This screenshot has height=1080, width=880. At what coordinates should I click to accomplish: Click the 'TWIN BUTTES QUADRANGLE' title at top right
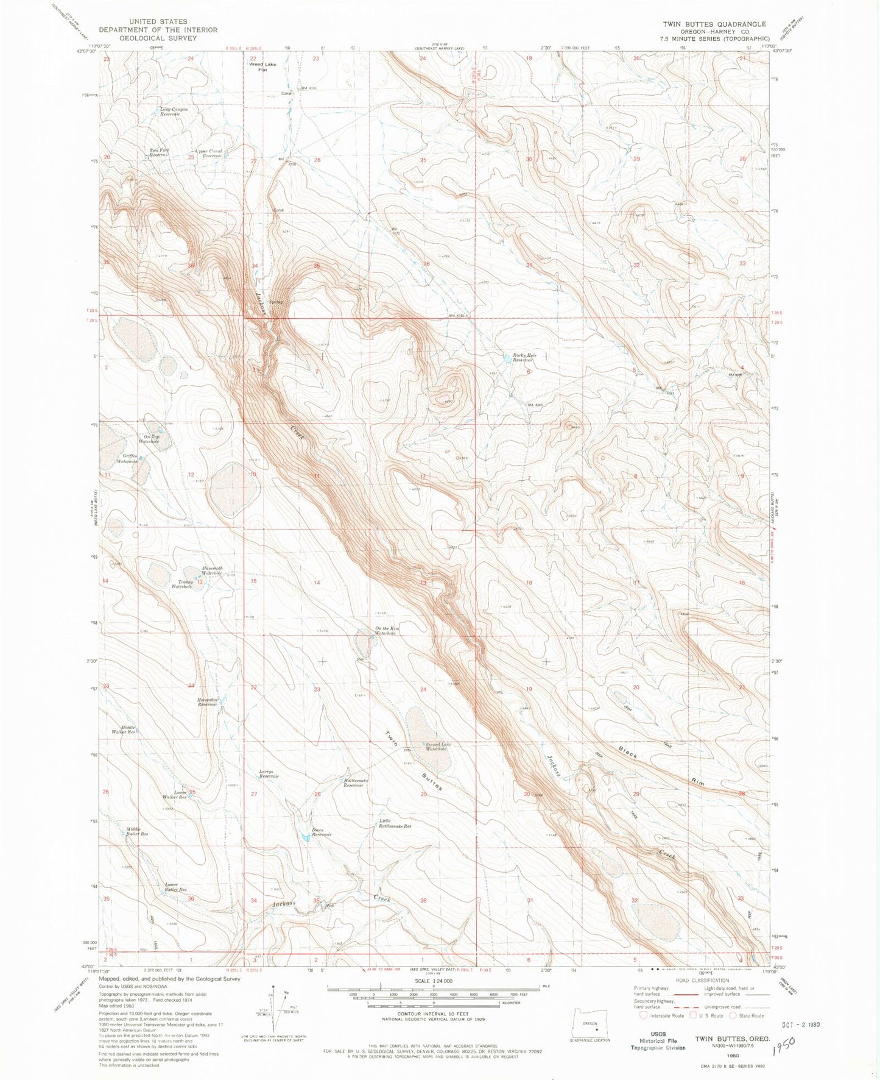(714, 24)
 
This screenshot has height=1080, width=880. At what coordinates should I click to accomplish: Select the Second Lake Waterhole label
(437, 747)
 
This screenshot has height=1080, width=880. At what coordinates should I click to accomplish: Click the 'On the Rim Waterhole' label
(386, 631)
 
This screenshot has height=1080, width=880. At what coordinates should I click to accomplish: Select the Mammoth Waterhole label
(212, 571)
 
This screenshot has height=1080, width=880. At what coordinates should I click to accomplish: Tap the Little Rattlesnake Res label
(395, 823)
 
